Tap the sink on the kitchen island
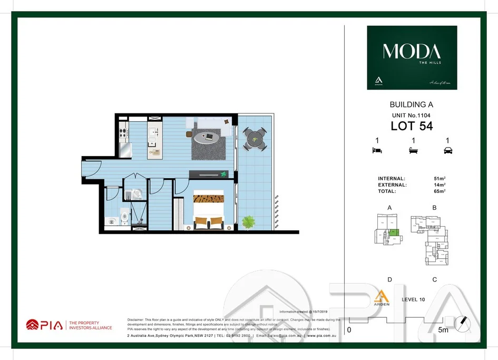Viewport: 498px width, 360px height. [x=153, y=132]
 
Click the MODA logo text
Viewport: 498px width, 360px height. [x=412, y=52]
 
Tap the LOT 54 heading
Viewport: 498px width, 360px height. [x=411, y=126]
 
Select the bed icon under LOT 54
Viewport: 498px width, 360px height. [x=377, y=151]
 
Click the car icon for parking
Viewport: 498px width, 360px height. [x=448, y=151]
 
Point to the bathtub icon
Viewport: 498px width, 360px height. [x=414, y=151]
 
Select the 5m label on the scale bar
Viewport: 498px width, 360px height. [x=443, y=330]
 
